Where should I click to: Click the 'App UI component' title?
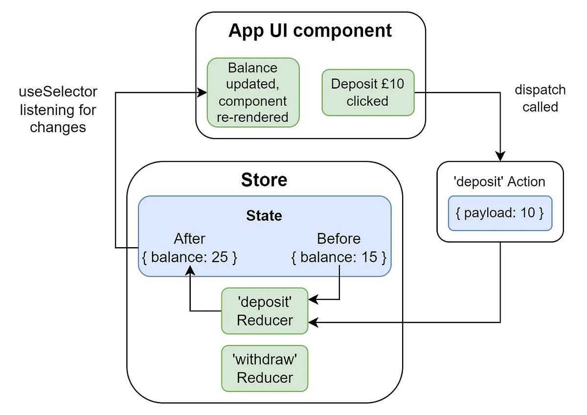(x=310, y=30)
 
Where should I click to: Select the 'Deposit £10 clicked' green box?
(x=368, y=92)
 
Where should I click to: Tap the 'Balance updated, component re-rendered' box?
(x=253, y=92)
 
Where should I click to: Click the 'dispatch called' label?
(x=540, y=98)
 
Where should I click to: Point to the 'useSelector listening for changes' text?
(x=58, y=110)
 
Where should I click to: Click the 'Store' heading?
(x=264, y=180)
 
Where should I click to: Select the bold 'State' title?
(x=264, y=215)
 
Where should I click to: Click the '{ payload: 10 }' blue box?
(x=500, y=213)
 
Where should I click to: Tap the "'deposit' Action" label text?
(x=500, y=182)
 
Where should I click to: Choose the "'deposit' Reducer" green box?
(x=265, y=311)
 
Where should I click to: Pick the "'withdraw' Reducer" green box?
(x=265, y=369)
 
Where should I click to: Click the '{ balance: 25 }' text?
(x=189, y=257)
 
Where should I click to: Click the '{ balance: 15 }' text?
(x=339, y=257)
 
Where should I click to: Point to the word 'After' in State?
(x=189, y=239)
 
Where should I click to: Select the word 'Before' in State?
(x=339, y=239)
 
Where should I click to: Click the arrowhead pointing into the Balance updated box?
(x=202, y=92)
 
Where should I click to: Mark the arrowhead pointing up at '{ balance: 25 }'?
(x=190, y=270)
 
